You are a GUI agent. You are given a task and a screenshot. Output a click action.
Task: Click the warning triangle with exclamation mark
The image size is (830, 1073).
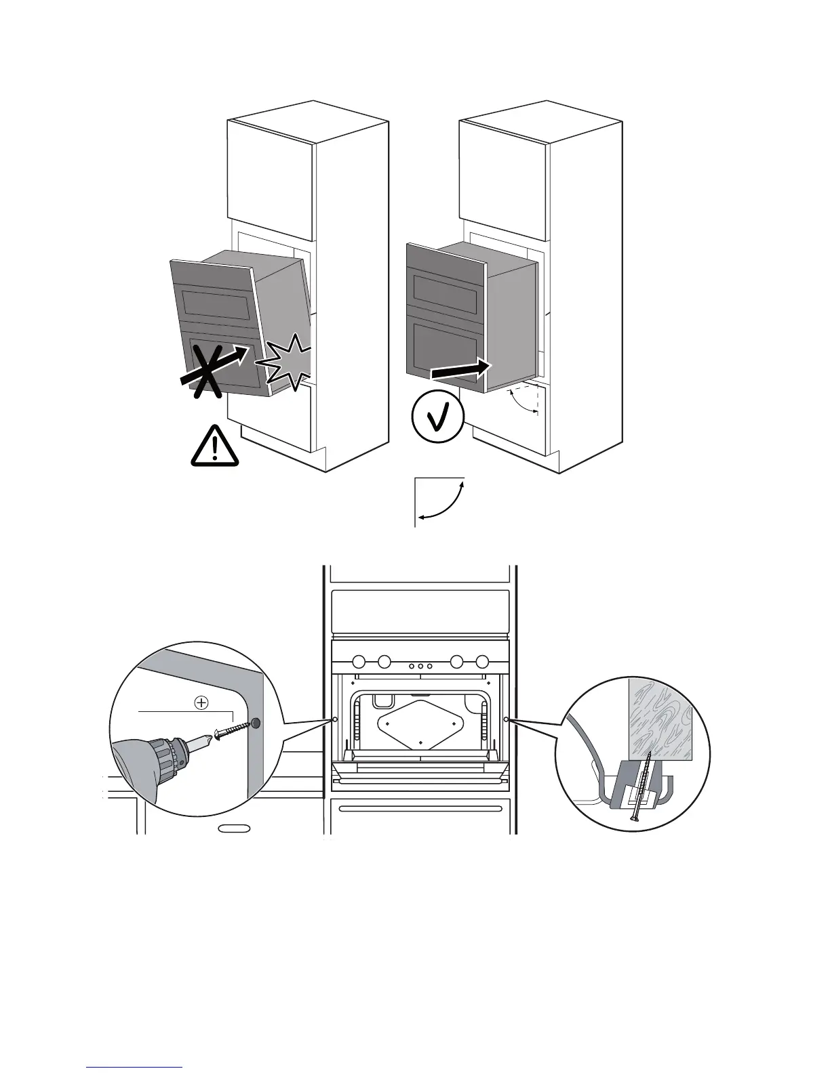[x=215, y=447]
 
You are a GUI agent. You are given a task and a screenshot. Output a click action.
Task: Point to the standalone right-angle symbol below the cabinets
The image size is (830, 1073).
[x=439, y=502]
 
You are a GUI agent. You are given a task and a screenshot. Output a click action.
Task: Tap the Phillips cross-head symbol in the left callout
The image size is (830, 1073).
[x=201, y=703]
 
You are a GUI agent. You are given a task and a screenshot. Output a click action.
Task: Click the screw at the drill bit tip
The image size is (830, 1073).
[x=231, y=730]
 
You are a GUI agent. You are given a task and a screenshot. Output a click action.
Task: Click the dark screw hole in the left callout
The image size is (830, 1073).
[x=256, y=723]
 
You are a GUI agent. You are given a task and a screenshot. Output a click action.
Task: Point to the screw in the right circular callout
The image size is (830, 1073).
[x=639, y=786]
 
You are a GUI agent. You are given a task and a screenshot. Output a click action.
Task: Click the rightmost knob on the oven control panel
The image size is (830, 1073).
[x=482, y=660]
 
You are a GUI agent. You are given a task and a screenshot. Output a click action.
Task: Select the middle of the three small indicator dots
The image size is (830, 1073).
[x=420, y=667]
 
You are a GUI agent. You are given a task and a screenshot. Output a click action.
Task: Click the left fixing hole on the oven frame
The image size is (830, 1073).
[x=336, y=719]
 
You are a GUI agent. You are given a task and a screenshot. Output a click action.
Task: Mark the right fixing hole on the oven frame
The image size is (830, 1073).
[x=507, y=719]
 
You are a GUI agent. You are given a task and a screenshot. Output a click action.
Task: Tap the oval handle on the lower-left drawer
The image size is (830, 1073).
[x=234, y=828]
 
